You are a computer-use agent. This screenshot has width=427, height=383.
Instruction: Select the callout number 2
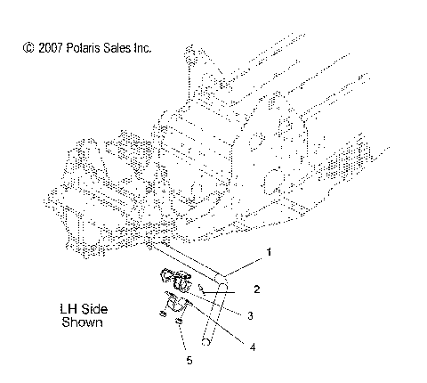tap(255, 289)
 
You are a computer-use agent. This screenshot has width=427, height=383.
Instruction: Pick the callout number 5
tap(188, 361)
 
